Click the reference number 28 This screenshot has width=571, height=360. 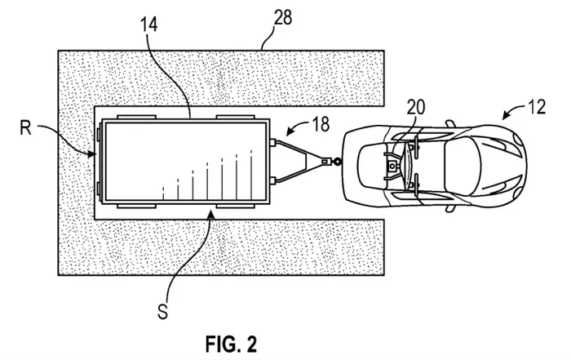[x=283, y=18]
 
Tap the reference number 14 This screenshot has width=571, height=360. [x=149, y=24]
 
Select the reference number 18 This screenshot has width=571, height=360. [x=321, y=124]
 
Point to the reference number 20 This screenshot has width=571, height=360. [x=416, y=108]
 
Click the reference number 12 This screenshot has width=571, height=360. [x=537, y=107]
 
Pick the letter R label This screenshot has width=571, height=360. [x=25, y=128]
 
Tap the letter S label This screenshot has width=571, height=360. [x=163, y=312]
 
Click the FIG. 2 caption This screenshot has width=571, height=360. [x=231, y=344]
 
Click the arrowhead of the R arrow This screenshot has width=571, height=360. [x=91, y=153]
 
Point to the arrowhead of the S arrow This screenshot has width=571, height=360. [x=211, y=216]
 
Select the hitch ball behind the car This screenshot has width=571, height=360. [x=337, y=161]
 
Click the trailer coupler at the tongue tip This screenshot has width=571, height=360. [x=326, y=161]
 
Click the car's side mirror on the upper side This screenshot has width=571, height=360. [x=450, y=123]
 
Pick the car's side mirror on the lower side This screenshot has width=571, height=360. [x=450, y=209]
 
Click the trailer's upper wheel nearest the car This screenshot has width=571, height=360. [x=235, y=117]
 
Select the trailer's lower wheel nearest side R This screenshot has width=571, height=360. [x=136, y=207]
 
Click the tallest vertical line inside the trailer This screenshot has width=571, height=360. [x=251, y=175]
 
